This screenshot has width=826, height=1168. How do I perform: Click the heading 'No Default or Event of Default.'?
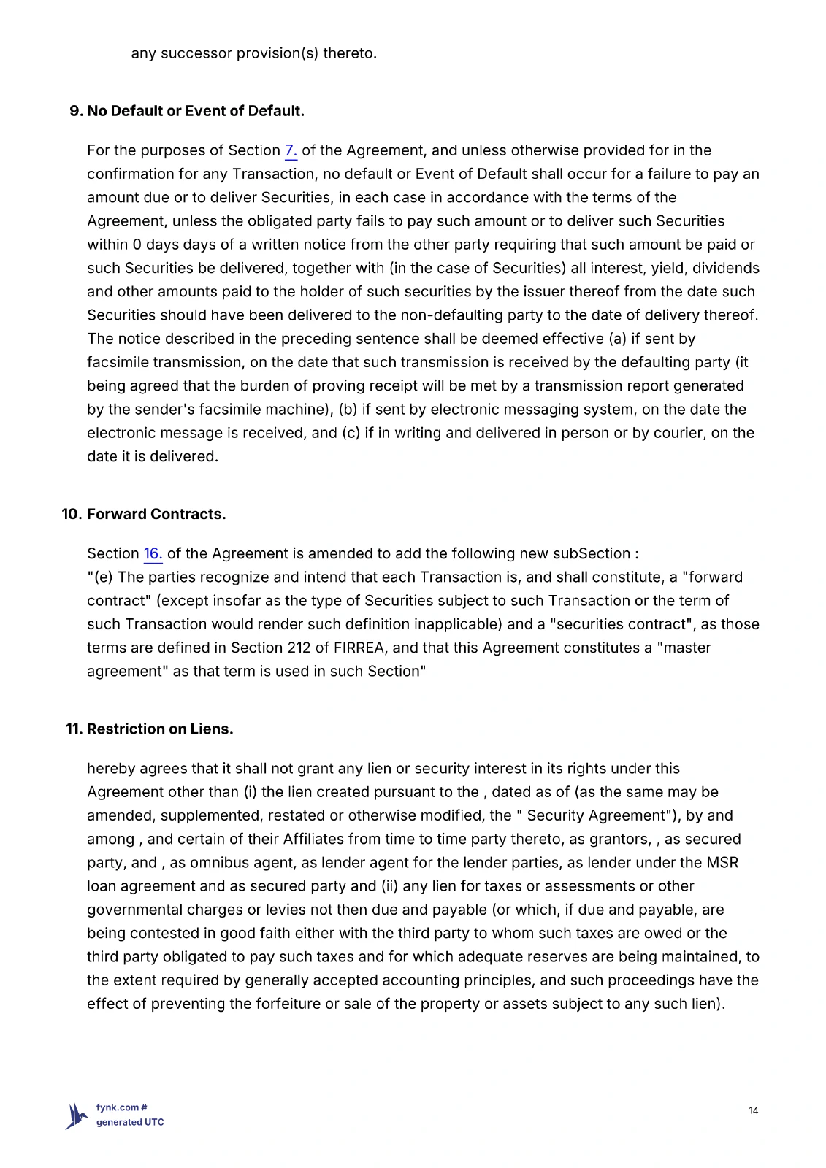pos(195,111)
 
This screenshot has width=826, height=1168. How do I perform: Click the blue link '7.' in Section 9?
pos(290,151)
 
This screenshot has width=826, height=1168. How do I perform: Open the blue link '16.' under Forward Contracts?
pos(153,554)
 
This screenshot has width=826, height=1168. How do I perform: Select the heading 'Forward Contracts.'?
pos(156,514)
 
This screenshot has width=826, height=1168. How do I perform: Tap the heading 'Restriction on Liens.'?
pos(160,729)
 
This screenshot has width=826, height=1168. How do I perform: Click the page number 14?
pos(753,1110)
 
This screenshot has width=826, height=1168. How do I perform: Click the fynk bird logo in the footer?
pos(77,1115)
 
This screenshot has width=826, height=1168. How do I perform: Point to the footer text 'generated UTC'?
pos(130,1122)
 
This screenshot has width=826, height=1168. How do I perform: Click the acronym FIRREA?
pos(361,648)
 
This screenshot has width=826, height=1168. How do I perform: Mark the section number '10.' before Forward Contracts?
pos(72,514)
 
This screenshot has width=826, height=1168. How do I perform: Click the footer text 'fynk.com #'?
pos(122,1107)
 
